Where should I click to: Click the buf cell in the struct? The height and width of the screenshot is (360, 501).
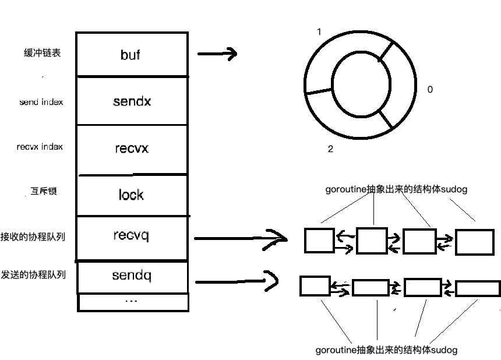click(132, 54)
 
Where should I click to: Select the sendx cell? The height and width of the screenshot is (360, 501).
click(132, 101)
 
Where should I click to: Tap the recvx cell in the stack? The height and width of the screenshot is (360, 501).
click(132, 149)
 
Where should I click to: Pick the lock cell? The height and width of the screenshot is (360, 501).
click(132, 195)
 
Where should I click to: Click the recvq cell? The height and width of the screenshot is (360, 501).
click(132, 236)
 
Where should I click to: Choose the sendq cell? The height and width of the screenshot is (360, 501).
click(132, 276)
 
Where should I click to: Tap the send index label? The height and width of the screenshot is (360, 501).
click(41, 102)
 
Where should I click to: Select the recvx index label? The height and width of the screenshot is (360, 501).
click(40, 147)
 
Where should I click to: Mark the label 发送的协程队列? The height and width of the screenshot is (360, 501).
click(33, 274)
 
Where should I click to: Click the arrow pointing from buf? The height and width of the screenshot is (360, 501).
click(217, 54)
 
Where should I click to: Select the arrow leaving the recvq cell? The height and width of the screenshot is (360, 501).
click(240, 238)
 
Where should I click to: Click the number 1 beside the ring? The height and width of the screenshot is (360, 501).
click(319, 31)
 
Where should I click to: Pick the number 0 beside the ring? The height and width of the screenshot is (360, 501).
click(430, 90)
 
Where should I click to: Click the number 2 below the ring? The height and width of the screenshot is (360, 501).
click(330, 149)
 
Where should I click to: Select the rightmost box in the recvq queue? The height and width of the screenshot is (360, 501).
click(474, 242)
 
